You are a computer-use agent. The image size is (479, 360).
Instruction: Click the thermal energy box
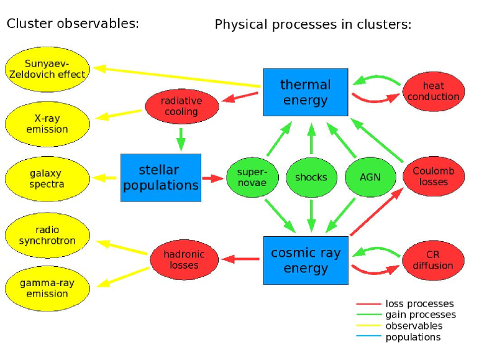pyautogui.click(x=306, y=92)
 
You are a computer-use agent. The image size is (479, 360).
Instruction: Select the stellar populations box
pyautogui.click(x=161, y=178)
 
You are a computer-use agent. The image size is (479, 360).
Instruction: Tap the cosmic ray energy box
pyautogui.click(x=306, y=261)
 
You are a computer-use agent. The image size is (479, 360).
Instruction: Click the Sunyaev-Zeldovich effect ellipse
pyautogui.click(x=47, y=70)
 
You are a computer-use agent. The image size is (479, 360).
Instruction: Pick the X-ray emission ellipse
pyautogui.click(x=47, y=124)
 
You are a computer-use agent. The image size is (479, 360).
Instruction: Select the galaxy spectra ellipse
pyautogui.click(x=47, y=179)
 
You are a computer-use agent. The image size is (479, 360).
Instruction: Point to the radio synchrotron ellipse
pyautogui.click(x=47, y=235)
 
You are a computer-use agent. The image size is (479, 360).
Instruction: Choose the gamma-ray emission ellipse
pyautogui.click(x=47, y=288)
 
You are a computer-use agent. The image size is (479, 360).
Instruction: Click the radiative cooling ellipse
pyautogui.click(x=182, y=106)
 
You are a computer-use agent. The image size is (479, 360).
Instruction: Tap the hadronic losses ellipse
pyautogui.click(x=185, y=260)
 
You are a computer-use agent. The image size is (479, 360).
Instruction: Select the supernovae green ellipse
pyautogui.click(x=252, y=177)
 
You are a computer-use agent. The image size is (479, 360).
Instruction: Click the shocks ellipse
pyautogui.click(x=311, y=177)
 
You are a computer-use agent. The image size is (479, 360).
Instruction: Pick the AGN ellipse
pyautogui.click(x=370, y=177)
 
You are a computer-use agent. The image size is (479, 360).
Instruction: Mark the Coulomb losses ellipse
pyautogui.click(x=434, y=177)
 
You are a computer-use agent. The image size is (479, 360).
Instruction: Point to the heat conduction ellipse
pyautogui.click(x=434, y=91)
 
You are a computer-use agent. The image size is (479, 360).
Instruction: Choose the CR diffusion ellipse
pyautogui.click(x=433, y=261)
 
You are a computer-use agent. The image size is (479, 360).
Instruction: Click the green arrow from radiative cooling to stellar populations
pyautogui.click(x=181, y=139)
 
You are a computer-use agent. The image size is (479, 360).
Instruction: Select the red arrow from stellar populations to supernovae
pyautogui.click(x=213, y=178)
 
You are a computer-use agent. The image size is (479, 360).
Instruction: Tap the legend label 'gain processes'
pyautogui.click(x=421, y=315)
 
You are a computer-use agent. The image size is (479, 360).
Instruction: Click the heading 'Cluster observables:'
pyautogui.click(x=73, y=24)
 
